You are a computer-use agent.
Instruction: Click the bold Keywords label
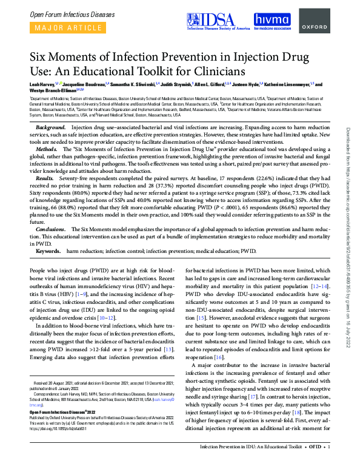48,249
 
